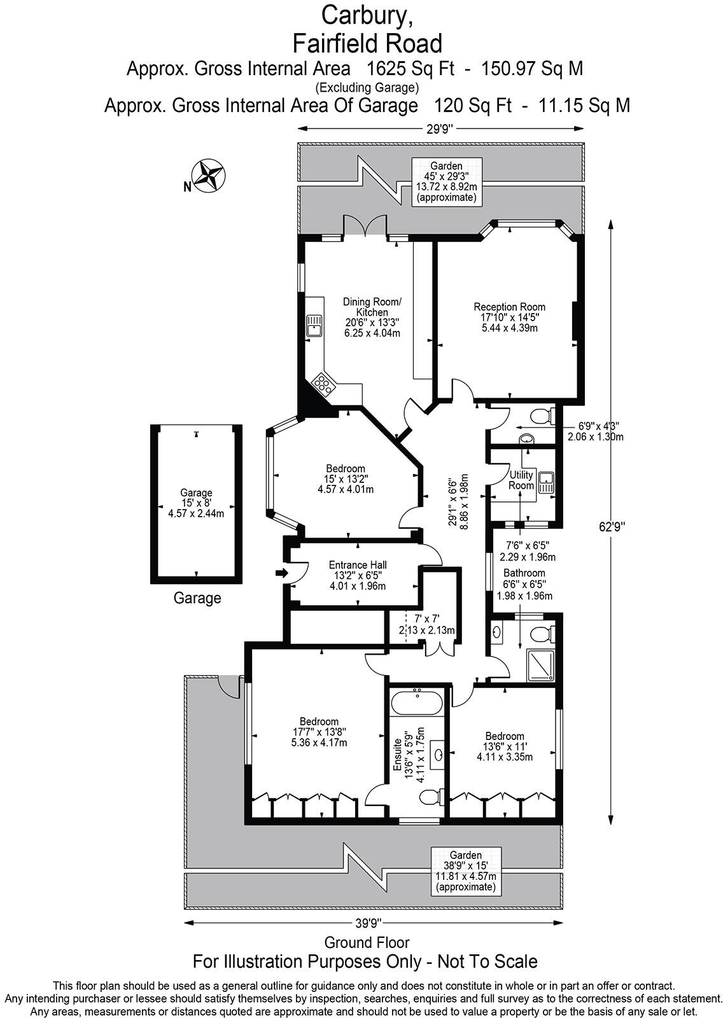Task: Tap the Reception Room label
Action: point(509,307)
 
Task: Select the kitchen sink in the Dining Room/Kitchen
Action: point(314,325)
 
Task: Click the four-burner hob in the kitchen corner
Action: point(323,384)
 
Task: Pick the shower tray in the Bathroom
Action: point(541,665)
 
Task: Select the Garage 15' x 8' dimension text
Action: point(196,503)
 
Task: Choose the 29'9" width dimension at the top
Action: point(439,129)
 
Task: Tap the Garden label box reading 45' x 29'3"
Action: point(446,181)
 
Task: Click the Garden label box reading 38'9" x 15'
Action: point(466,871)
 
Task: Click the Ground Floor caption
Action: point(367,942)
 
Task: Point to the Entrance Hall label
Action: point(357,564)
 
